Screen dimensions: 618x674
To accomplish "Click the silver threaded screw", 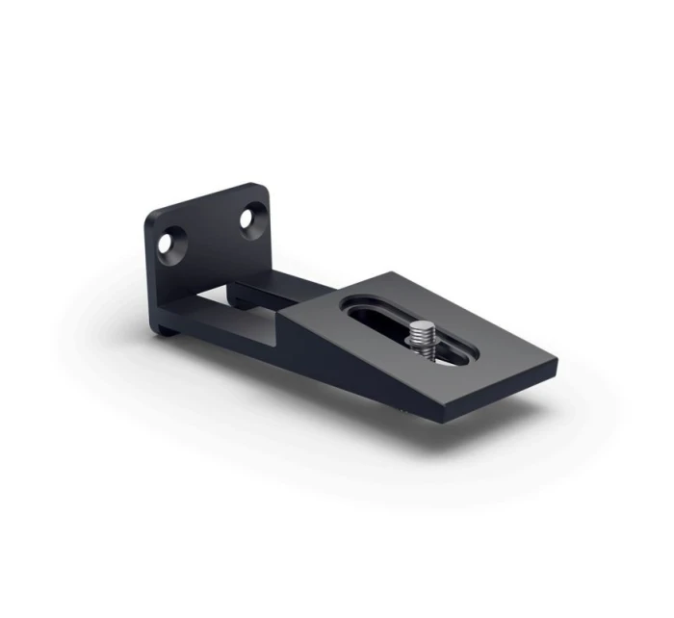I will [421, 340].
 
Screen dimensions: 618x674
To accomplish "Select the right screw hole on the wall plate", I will [251, 219].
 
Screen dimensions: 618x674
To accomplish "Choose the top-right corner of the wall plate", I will [262, 185].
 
